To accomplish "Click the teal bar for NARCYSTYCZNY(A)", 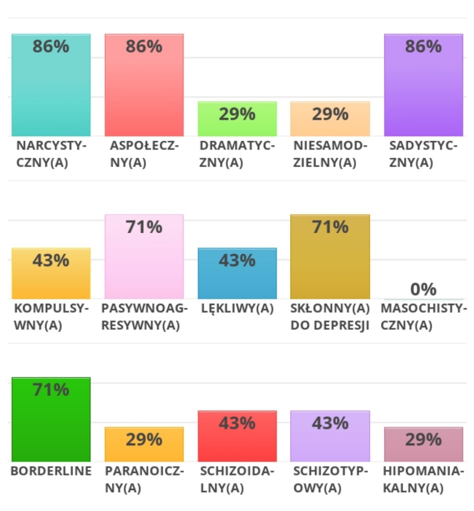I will tap(51, 85).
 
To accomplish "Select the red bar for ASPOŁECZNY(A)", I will tap(144, 85).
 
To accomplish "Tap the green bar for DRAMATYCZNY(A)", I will tap(237, 119).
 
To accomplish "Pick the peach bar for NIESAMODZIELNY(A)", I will tap(330, 119).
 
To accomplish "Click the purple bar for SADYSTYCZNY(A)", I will tap(423, 85).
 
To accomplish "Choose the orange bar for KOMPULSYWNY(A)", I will tap(51, 273).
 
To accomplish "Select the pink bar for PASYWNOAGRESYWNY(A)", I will tap(144, 257).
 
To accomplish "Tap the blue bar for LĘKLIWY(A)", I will tap(237, 273).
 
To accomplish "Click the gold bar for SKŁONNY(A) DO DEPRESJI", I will tap(330, 257).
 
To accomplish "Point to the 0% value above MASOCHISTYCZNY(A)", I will tap(423, 289).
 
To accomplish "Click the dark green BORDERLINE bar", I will tap(51, 419).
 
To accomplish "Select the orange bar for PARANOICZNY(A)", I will tap(144, 444).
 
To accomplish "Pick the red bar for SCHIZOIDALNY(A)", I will tap(237, 436).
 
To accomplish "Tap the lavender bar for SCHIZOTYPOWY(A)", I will tap(330, 436).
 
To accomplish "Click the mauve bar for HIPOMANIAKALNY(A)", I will tap(423, 444).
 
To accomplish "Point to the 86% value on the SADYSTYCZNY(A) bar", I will tap(423, 46).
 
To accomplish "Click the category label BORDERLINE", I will tap(51, 471).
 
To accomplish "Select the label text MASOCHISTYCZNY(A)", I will tap(423, 317).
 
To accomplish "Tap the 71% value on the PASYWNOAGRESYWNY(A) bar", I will tap(144, 227).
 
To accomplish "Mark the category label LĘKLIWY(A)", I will tap(237, 309).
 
